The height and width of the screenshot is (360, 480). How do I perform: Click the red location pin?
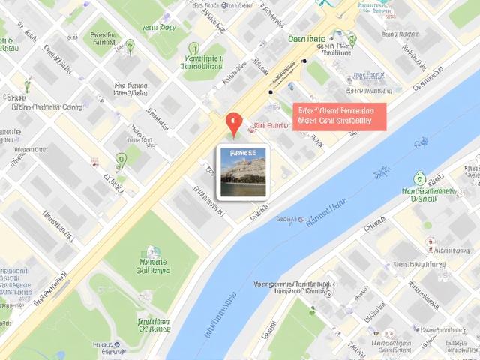234,123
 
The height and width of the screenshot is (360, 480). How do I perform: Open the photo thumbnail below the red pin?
241,172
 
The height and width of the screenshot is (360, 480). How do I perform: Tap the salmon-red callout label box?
339,116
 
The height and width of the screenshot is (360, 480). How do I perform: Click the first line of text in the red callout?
339,109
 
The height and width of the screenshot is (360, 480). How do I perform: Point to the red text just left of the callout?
271,125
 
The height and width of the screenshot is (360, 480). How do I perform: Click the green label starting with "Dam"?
307,38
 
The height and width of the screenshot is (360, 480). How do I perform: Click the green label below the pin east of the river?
419,195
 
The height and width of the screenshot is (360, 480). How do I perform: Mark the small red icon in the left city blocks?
94,161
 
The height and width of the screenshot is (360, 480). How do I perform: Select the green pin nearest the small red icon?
121,159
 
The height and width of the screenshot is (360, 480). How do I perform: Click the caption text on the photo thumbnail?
241,152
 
